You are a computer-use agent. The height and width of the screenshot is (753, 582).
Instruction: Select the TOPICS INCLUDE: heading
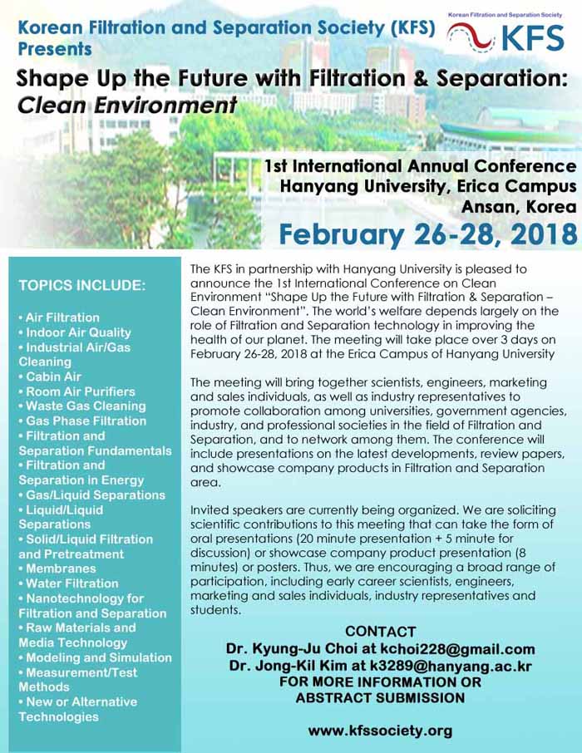(x=82, y=286)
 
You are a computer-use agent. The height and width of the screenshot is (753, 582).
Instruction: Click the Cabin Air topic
(x=52, y=376)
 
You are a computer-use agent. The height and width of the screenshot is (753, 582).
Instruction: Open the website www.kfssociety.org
(x=380, y=731)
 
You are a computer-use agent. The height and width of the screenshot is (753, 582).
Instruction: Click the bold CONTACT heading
(x=380, y=632)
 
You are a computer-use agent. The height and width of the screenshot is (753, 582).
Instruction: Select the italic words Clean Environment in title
(x=126, y=106)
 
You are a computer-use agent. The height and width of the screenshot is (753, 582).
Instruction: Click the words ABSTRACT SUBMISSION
(x=380, y=699)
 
